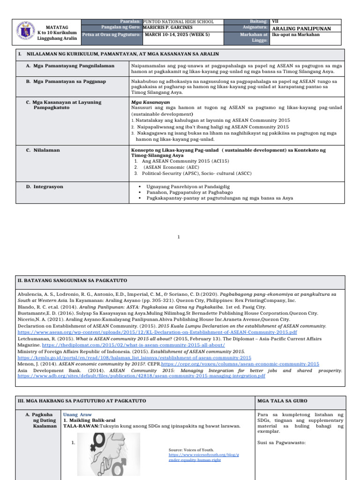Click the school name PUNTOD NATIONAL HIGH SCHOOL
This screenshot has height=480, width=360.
pyautogui.click(x=178, y=22)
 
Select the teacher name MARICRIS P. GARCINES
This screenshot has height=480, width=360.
pyautogui.click(x=167, y=28)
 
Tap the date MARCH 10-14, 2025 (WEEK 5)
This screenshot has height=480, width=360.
pyautogui.click(x=177, y=34)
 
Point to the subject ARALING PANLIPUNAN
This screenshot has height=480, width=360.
pyautogui.click(x=301, y=29)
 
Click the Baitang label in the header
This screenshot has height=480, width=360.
pyautogui.click(x=259, y=22)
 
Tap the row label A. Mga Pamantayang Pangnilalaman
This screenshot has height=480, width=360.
pyautogui.click(x=70, y=66)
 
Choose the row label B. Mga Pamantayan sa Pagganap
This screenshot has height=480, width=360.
pyautogui.click(x=66, y=82)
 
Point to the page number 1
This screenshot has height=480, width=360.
pyautogui.click(x=179, y=238)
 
